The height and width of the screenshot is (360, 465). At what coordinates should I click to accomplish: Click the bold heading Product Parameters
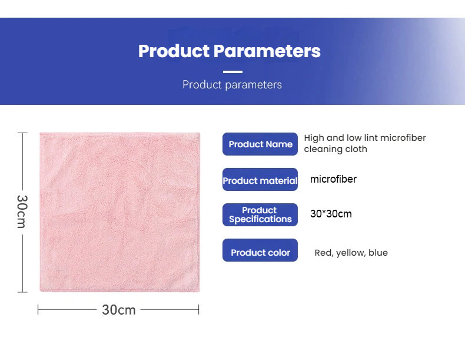(x=230, y=51)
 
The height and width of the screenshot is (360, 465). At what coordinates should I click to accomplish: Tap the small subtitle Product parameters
(x=232, y=85)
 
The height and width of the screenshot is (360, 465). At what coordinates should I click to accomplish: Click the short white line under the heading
(x=232, y=72)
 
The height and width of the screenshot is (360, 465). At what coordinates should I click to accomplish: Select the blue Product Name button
(x=260, y=144)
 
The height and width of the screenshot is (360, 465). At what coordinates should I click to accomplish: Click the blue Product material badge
(x=260, y=180)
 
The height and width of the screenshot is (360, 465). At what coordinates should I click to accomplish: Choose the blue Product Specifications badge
(x=260, y=215)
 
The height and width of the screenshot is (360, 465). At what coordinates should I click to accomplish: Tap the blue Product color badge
(x=260, y=252)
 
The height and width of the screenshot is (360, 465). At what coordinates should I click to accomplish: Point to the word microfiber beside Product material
(x=333, y=179)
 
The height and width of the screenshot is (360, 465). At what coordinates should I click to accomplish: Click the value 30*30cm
(x=331, y=214)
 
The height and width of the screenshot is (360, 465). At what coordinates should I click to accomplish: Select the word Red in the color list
(x=323, y=253)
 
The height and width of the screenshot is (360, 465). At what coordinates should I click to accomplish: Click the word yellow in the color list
(x=350, y=253)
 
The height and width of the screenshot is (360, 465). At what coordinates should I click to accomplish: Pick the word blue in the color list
(x=378, y=253)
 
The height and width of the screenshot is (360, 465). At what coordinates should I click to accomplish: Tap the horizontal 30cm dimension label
(x=119, y=309)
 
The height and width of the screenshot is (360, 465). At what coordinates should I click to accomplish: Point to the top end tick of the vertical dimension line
(x=22, y=133)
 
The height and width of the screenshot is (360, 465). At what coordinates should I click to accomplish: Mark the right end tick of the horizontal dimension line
(x=199, y=309)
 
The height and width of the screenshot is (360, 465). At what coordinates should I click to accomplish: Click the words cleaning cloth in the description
(x=336, y=149)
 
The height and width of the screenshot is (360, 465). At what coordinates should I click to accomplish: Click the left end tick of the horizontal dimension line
(x=38, y=309)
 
